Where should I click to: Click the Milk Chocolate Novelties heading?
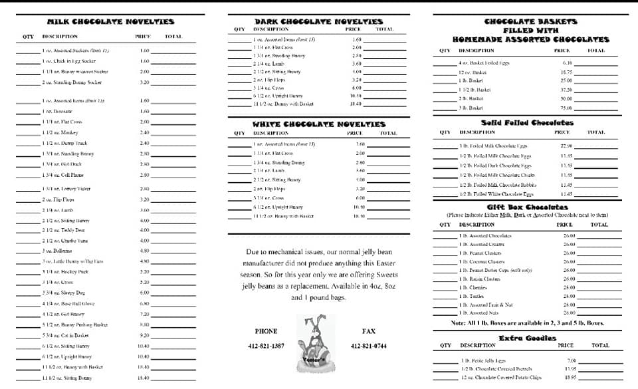tap(111, 22)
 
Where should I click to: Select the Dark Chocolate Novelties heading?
tap(318, 21)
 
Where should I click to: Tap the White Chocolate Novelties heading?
tap(318, 124)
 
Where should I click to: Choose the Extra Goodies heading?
tap(527, 338)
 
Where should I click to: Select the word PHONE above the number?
tap(266, 330)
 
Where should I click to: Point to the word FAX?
tap(369, 330)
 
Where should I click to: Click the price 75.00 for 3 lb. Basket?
tap(566, 108)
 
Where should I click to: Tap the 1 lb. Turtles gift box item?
tap(473, 296)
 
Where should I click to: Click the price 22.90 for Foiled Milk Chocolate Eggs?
tap(566, 146)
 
